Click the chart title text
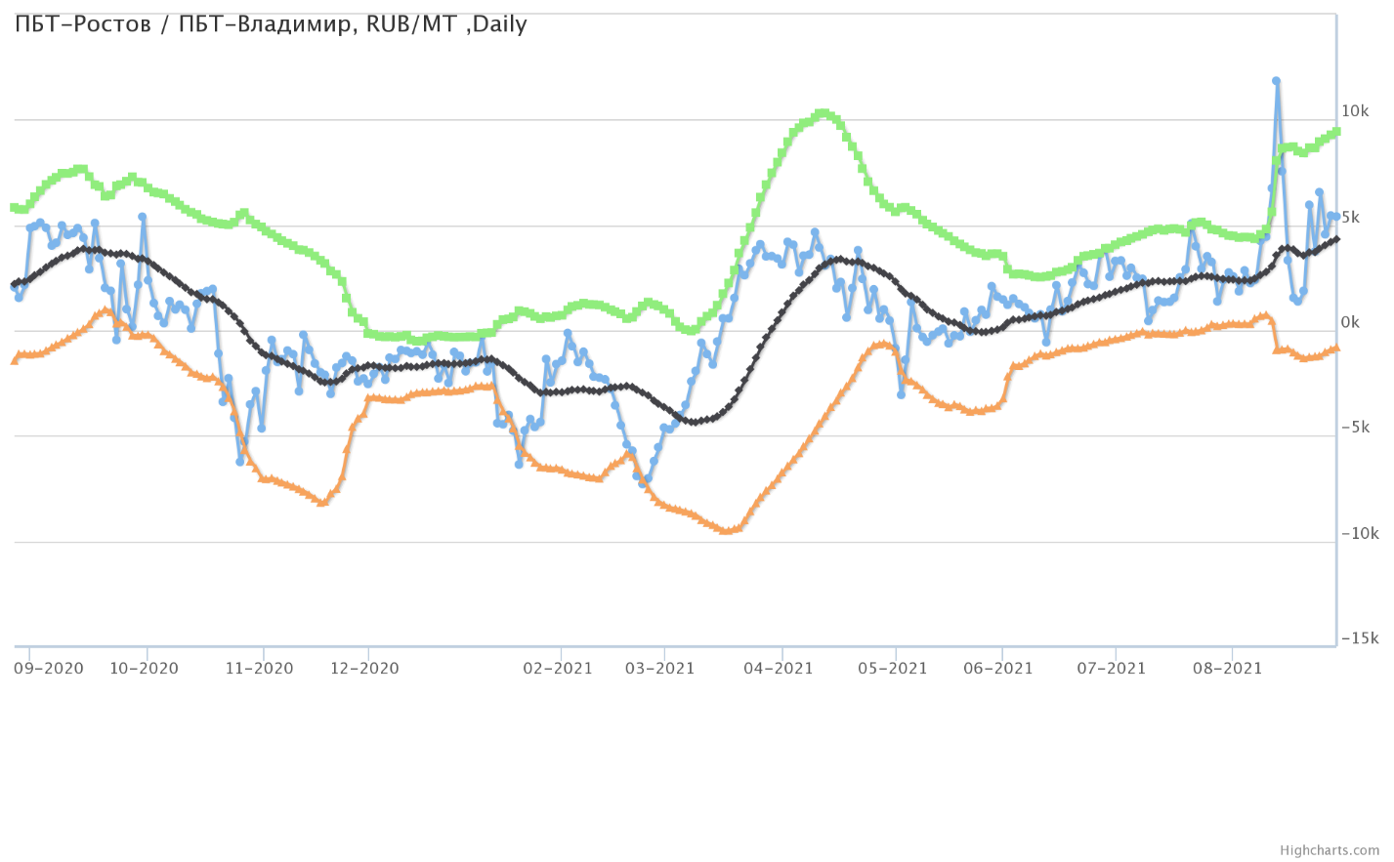[x=271, y=24]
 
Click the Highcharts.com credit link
[x=1330, y=850]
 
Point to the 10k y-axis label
[x=1355, y=111]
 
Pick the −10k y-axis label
[x=1358, y=533]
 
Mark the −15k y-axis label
[x=1358, y=638]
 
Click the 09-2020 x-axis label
[x=49, y=669]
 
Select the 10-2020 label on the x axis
[x=144, y=669]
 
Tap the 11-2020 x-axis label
[x=259, y=669]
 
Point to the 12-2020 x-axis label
[x=364, y=669]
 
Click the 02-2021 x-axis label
[x=558, y=669]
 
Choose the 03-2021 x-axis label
[x=660, y=669]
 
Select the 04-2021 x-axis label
[x=779, y=669]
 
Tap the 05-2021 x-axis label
[x=892, y=669]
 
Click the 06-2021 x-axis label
[x=998, y=669]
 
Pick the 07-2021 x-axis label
[x=1112, y=669]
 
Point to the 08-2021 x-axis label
[x=1228, y=669]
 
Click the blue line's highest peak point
[x=1276, y=81]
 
